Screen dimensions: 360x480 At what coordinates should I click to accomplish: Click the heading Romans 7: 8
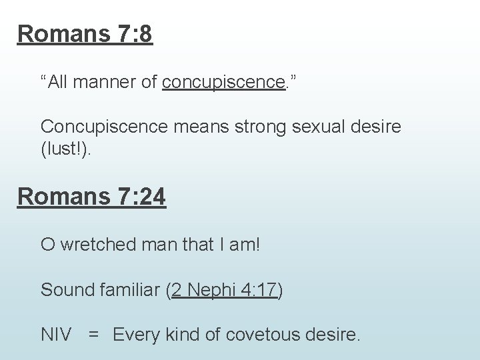coord(85,33)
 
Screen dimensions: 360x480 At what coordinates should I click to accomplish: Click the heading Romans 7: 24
coord(92,197)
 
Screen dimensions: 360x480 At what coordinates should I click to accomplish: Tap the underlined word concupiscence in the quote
coord(223,83)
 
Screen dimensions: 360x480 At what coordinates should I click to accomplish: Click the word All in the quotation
coord(57,83)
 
